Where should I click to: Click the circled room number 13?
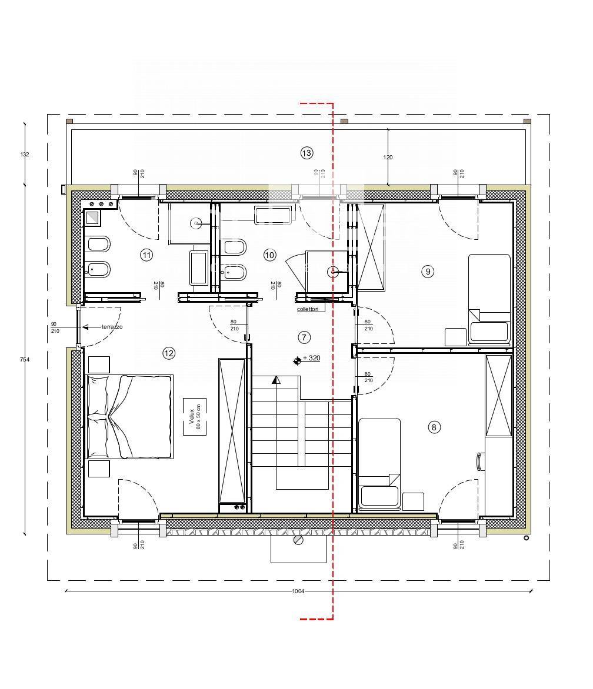pos(307,153)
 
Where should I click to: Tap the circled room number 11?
pos(146,255)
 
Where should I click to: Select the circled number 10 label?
pos(269,255)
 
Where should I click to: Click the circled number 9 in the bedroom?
pos(428,271)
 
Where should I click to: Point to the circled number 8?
pos(434,427)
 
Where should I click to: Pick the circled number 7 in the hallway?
pos(304,337)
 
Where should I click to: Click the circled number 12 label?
pos(169,353)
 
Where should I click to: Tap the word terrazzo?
pos(112,327)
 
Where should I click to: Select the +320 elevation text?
pos(311,358)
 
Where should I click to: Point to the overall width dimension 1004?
pos(298,591)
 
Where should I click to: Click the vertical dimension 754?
pos(25,359)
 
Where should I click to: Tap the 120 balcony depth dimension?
pos(388,158)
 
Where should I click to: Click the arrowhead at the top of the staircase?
pos(275,381)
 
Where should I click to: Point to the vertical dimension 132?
pos(25,155)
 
